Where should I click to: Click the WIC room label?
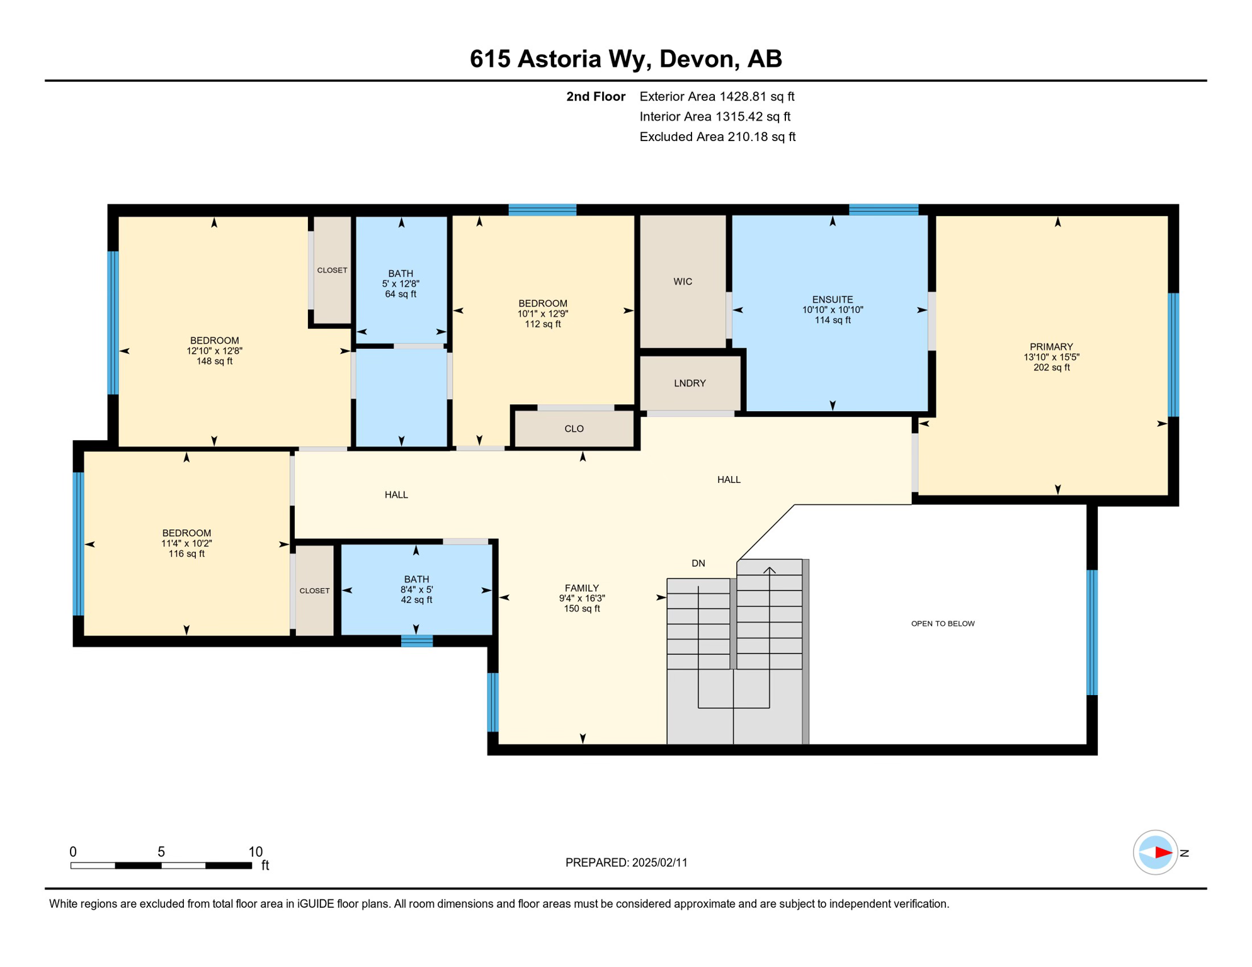coord(683,281)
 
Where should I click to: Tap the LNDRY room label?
coord(690,383)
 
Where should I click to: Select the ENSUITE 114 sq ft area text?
coord(832,320)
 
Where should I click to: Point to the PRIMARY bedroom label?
coord(1050,346)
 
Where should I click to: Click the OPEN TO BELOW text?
coord(942,623)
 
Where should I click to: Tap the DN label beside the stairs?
coord(698,563)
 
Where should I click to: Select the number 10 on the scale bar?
coord(255,851)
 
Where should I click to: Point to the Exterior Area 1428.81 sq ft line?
coord(716,96)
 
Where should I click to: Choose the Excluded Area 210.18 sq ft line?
coord(717,137)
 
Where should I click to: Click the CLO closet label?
coord(574,429)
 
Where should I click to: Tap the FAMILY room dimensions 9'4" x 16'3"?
coord(581,598)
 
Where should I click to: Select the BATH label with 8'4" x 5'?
coord(416,579)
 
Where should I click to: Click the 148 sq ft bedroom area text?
coord(214,361)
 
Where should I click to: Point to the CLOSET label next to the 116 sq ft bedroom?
coord(314,591)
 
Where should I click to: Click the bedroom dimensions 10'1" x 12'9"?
coord(542,314)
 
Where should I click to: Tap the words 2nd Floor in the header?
coord(595,96)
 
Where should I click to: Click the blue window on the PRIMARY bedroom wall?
coord(1173,354)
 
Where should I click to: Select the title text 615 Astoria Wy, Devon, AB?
coord(625,59)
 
